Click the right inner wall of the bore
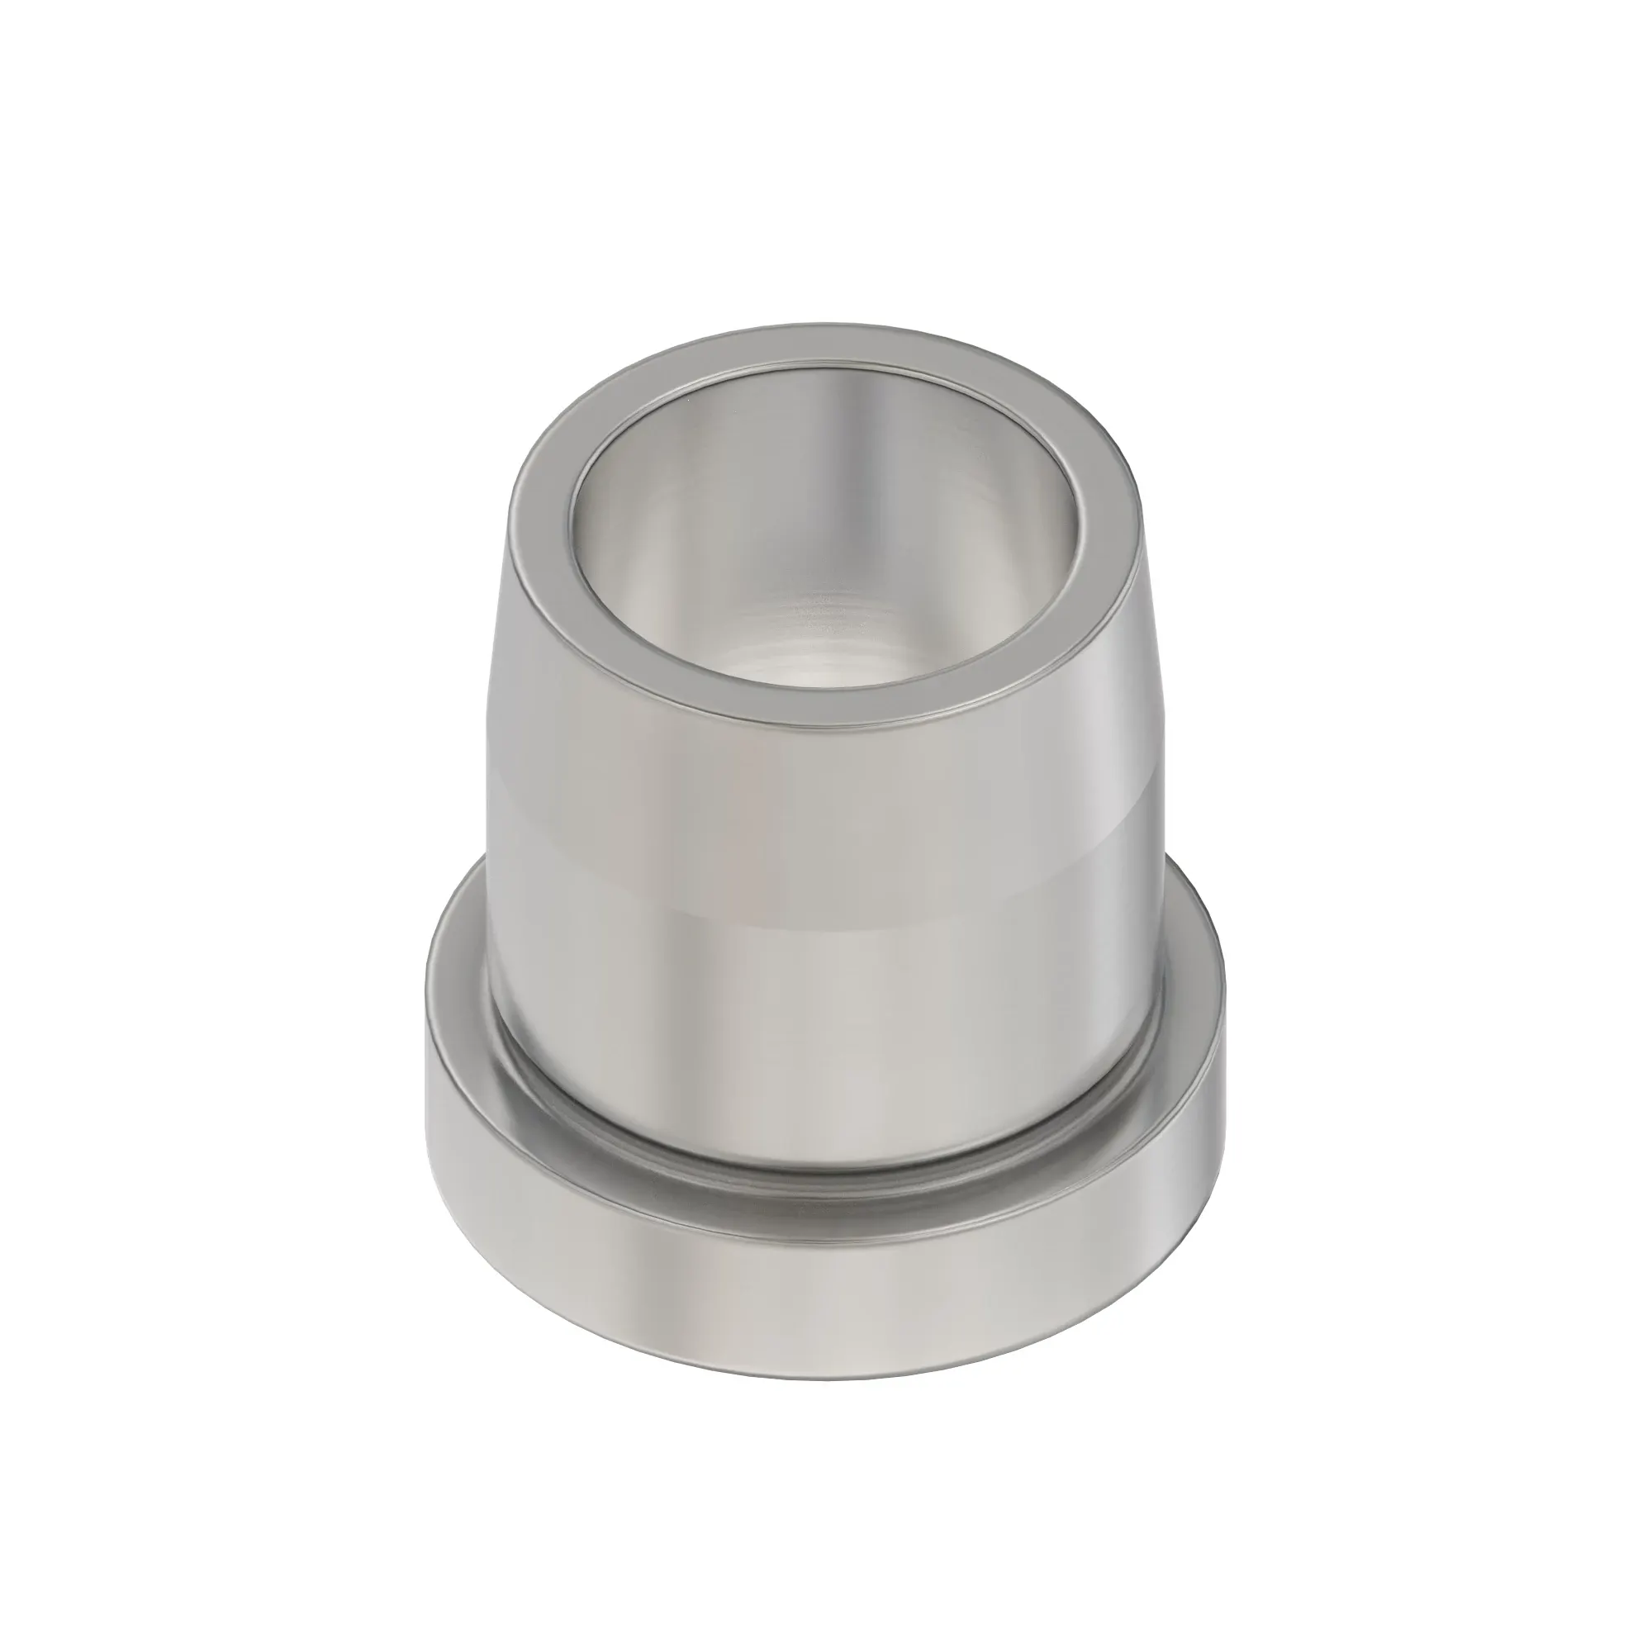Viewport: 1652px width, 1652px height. pos(1026,548)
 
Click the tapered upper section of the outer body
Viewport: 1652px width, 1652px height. pos(821,761)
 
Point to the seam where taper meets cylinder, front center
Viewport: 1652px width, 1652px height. pos(821,906)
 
